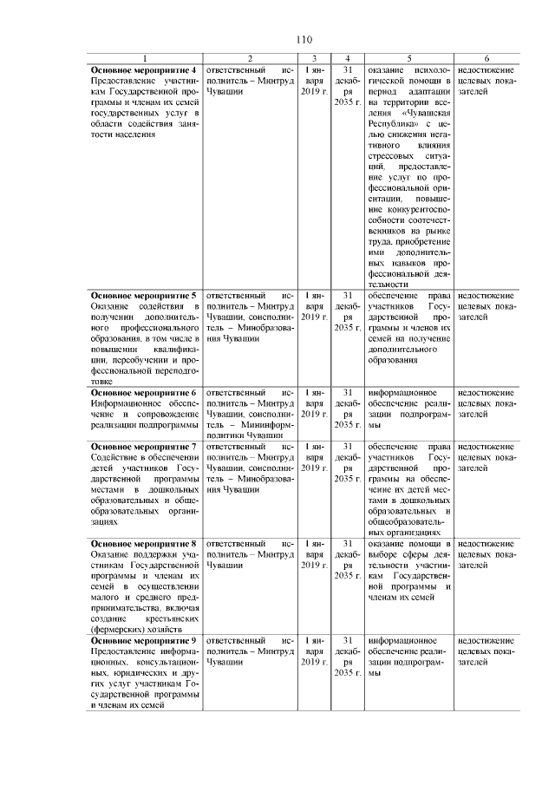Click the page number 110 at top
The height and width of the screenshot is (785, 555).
click(303, 40)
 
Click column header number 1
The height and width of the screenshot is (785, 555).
click(144, 57)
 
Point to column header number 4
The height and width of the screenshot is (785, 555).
click(347, 57)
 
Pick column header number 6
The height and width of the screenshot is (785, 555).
click(486, 57)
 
